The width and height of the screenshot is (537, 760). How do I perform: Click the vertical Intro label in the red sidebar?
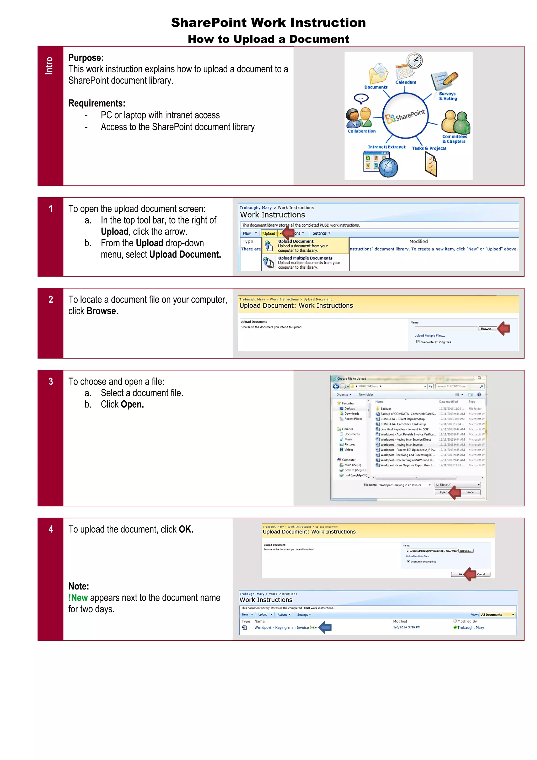point(49,66)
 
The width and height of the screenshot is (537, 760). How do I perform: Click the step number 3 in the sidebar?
point(51,381)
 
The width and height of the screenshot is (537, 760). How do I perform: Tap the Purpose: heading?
point(86,58)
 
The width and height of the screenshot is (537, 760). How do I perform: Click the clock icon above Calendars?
point(414,60)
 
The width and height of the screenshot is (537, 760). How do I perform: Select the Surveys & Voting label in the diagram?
point(448,96)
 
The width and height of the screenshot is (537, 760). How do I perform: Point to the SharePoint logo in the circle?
point(405,116)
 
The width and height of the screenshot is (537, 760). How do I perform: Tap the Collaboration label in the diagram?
point(361,131)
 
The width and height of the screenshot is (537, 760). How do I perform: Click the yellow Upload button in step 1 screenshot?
point(269,233)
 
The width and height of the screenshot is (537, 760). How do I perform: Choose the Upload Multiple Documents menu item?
point(305,258)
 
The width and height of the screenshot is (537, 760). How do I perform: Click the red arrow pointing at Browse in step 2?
point(504,328)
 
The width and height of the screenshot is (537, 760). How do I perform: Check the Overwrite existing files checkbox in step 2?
point(418,342)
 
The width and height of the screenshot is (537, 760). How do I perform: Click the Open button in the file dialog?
point(443,492)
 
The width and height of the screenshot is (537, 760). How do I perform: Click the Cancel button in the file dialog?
point(470,492)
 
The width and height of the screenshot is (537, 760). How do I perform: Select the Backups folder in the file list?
point(386,409)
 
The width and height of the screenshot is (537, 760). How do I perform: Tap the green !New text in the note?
point(78,598)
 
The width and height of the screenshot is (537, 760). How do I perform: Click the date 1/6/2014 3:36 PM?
point(407,627)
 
